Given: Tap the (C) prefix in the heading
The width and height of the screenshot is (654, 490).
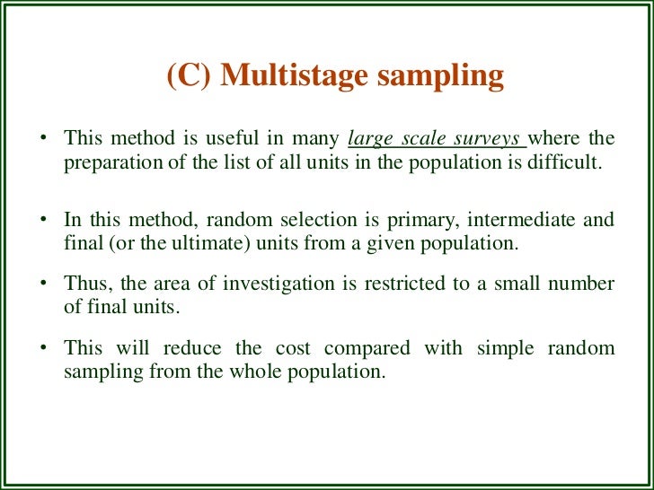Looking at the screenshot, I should [x=189, y=76].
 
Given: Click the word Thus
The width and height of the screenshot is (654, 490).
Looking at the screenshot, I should [x=84, y=284].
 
